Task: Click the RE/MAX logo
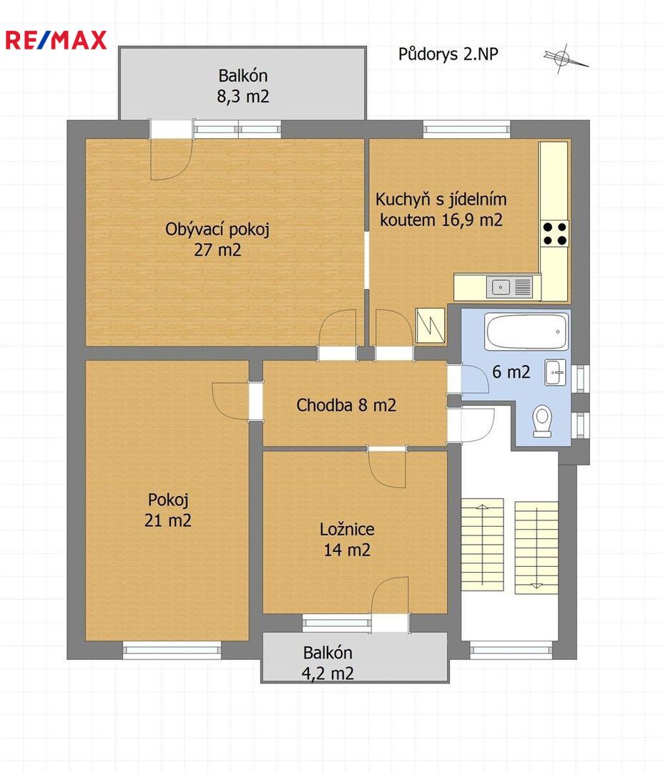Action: (x=56, y=40)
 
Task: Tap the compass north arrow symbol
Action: (x=565, y=58)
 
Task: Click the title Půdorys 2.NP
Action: (x=448, y=54)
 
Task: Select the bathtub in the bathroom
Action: (x=526, y=331)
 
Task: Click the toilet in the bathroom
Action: (x=542, y=421)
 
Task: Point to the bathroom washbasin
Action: (x=555, y=372)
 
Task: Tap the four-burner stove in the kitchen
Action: (x=554, y=234)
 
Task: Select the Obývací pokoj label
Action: (x=217, y=229)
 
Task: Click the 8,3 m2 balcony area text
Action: (x=243, y=96)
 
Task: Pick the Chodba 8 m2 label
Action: (x=346, y=405)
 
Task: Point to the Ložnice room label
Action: (x=348, y=530)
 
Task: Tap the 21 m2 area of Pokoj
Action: (x=168, y=520)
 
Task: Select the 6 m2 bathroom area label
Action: (x=511, y=371)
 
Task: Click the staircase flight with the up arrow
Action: (x=482, y=545)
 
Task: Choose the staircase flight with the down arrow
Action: (x=536, y=548)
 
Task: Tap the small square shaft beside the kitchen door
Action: (x=431, y=326)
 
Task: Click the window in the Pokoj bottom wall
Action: (x=172, y=650)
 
